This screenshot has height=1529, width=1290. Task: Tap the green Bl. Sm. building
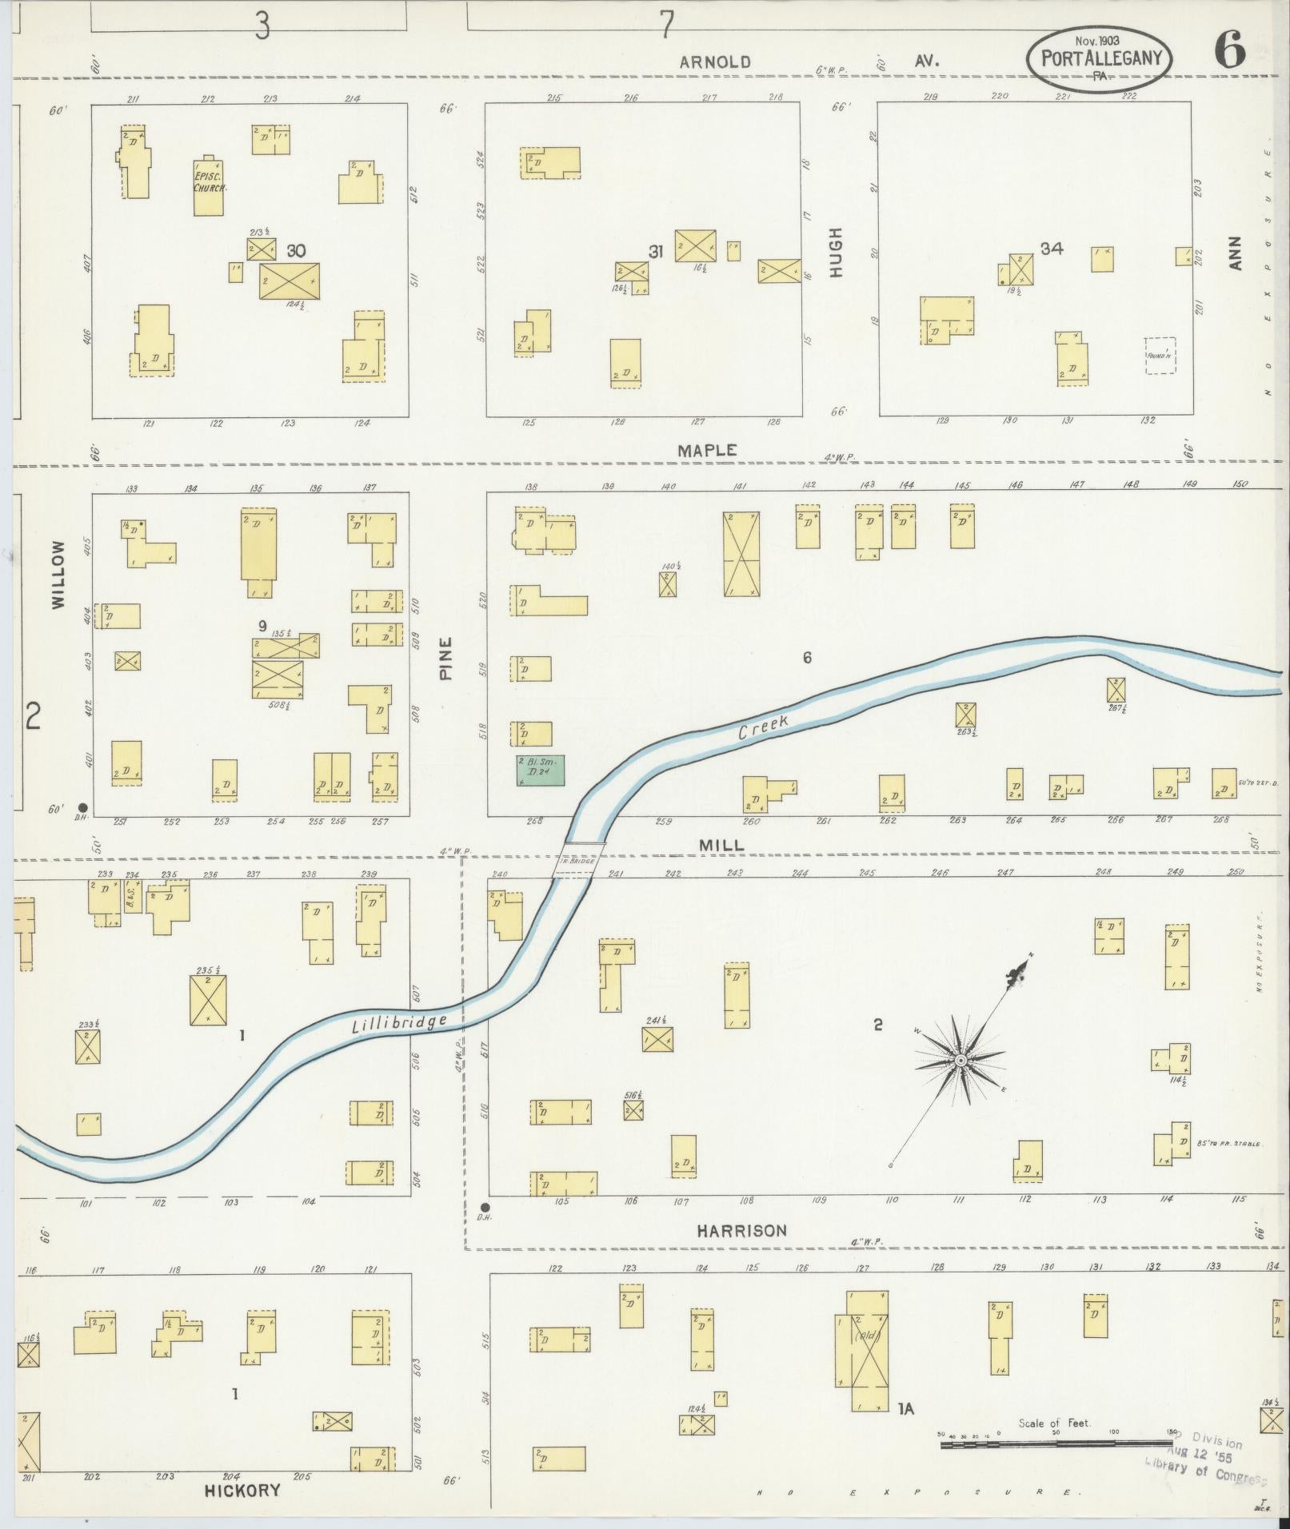pyautogui.click(x=541, y=771)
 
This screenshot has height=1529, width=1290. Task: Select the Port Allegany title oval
pyautogui.click(x=1100, y=60)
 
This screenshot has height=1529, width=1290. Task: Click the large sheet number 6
pyautogui.click(x=1229, y=53)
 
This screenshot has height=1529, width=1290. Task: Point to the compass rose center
pyautogui.click(x=961, y=1060)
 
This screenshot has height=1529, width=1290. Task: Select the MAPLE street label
pyautogui.click(x=707, y=451)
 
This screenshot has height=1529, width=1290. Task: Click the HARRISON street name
pyautogui.click(x=741, y=1231)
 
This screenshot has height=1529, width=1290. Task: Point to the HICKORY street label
pyautogui.click(x=242, y=1490)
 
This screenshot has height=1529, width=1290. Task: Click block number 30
pyautogui.click(x=296, y=251)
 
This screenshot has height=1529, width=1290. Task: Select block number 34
pyautogui.click(x=1052, y=249)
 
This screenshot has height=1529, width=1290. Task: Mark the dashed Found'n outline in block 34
pyautogui.click(x=1159, y=356)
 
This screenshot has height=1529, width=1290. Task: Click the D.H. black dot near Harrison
pyautogui.click(x=485, y=1207)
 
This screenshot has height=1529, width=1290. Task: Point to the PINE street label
pyautogui.click(x=445, y=658)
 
